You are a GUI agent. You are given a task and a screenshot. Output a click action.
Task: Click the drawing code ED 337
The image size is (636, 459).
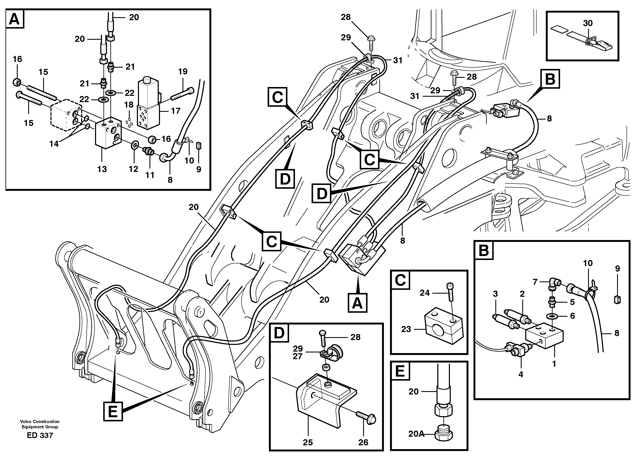point(40,435)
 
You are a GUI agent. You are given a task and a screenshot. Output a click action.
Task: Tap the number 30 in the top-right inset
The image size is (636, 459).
point(588,23)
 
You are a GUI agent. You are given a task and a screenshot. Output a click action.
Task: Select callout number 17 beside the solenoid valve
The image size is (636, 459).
point(176,111)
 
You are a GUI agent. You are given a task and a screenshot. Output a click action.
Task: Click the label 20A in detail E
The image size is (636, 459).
point(416,434)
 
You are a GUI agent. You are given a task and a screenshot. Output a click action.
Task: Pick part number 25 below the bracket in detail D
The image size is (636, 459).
point(308,442)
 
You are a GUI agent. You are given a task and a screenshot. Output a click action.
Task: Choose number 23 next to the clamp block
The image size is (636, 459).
point(406,329)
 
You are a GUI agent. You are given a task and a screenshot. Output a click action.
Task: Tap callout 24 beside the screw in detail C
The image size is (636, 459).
point(424,293)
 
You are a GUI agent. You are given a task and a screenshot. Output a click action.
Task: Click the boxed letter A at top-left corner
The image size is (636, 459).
point(15,19)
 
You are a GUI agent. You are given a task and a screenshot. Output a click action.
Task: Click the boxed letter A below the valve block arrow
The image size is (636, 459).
point(357,303)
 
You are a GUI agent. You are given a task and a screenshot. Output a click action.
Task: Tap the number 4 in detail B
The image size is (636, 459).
point(521,374)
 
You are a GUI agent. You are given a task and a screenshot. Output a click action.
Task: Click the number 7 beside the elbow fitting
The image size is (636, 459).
point(535,282)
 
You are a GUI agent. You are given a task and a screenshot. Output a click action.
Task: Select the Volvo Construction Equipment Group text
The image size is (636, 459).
point(40,424)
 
